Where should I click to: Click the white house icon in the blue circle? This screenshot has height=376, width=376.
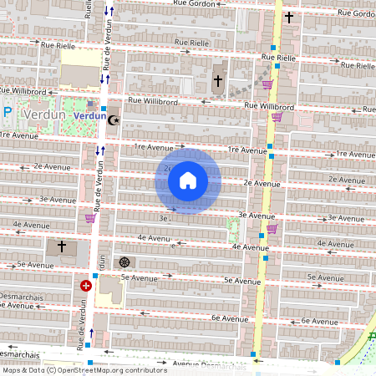click(188, 180)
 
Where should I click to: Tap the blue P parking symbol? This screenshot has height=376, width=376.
click(8, 112)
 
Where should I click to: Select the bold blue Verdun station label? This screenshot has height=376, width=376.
click(89, 117)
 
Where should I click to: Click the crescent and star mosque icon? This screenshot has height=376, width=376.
click(114, 119)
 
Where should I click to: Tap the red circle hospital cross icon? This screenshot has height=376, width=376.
click(85, 286)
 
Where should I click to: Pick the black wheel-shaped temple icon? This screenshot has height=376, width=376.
click(125, 262)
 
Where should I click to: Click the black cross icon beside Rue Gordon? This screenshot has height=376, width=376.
click(289, 18)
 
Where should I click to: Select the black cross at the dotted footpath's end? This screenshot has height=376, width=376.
click(218, 81)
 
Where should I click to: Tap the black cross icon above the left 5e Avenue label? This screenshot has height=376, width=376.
click(61, 247)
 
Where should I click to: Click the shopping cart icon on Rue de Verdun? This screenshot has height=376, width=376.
click(89, 219)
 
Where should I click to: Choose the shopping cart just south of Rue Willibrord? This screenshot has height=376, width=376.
click(276, 117)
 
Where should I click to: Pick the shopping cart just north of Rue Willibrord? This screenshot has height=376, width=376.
click(267, 84)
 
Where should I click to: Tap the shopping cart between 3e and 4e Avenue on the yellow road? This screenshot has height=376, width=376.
click(271, 228)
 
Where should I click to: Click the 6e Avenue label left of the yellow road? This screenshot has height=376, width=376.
click(226, 318)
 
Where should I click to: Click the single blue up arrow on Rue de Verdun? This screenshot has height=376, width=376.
click(91, 333)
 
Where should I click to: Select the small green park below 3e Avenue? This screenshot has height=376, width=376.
click(233, 229)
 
